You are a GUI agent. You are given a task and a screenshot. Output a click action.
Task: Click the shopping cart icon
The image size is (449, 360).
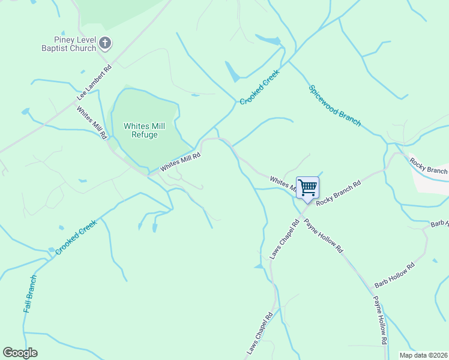(x=307, y=188)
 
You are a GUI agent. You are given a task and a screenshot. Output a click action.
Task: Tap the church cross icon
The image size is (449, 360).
(x=105, y=43)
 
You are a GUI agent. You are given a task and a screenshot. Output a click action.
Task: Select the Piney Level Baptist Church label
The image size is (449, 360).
(x=68, y=44)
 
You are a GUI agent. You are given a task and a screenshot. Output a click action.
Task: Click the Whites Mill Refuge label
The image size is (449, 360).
(x=140, y=130)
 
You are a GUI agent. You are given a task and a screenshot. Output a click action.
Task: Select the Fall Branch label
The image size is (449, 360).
(x=30, y=293)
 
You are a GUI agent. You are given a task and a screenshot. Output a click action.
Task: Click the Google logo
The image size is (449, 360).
(x=20, y=353)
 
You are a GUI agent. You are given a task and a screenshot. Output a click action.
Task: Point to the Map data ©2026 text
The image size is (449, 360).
(x=423, y=355)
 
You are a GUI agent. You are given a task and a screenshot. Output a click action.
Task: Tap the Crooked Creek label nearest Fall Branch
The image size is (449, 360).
(x=76, y=237)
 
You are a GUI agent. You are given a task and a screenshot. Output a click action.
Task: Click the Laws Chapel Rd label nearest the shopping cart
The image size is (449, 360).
(x=285, y=239)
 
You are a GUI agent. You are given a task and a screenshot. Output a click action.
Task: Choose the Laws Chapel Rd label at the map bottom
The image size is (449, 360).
(x=260, y=332)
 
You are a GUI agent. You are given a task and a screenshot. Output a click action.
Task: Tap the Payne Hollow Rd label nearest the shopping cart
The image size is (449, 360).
(x=323, y=236)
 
